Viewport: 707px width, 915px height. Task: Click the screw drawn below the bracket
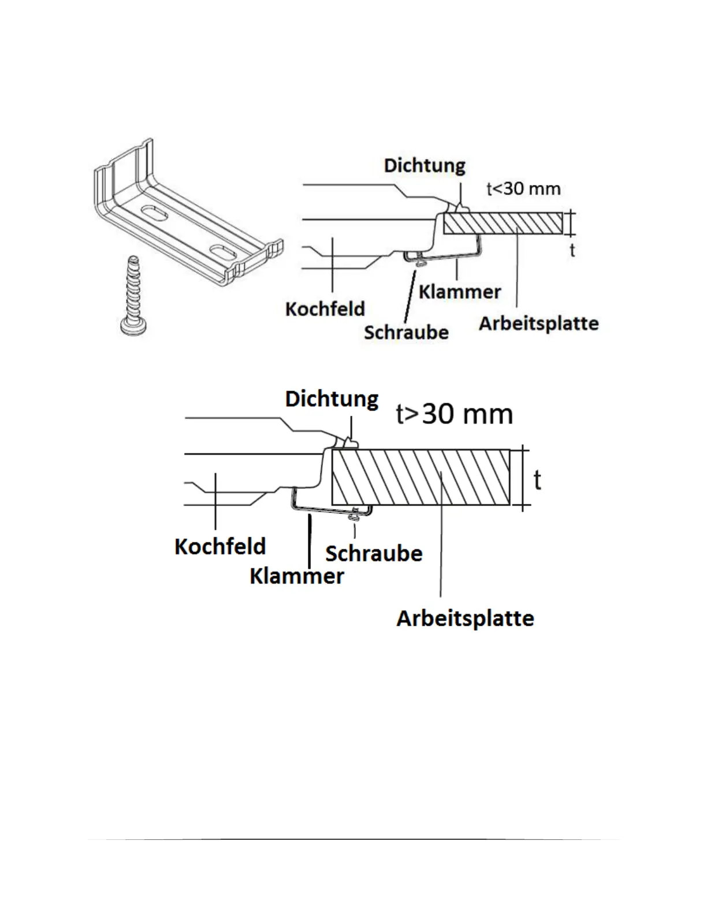coord(132,295)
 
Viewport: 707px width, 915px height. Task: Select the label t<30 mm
coord(523,189)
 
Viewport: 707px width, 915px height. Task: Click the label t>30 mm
coord(455,414)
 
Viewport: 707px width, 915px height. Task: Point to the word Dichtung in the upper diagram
coord(425,166)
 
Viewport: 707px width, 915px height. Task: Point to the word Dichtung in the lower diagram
coord(332,399)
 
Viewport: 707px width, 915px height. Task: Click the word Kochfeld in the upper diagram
coord(325,309)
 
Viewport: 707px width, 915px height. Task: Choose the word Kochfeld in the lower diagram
coord(220,546)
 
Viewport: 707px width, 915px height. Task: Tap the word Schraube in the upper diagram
coord(406,333)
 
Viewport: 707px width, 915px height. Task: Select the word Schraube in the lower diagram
coord(374,553)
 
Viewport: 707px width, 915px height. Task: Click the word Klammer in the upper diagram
coord(460,292)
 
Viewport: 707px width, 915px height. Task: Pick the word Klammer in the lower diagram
coord(297,576)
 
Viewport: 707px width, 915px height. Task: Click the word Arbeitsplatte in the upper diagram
coord(538,323)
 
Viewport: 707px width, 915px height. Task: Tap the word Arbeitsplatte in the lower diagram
coord(465,619)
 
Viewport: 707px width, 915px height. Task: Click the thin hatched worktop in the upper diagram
coord(503,223)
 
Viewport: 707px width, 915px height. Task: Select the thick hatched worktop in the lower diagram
coord(421,477)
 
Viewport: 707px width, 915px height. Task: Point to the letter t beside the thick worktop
coord(537,479)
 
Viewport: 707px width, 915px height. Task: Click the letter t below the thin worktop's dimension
coord(572,250)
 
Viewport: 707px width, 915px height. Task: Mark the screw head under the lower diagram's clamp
coord(354,519)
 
